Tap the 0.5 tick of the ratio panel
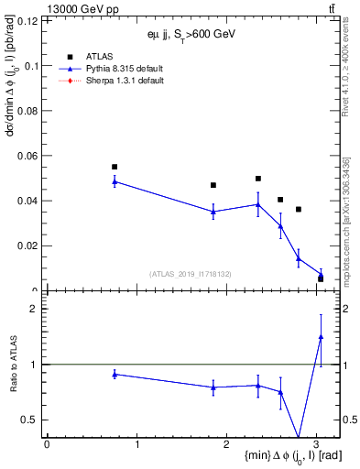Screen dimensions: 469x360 point(33,420)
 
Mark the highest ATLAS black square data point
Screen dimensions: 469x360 point(115,167)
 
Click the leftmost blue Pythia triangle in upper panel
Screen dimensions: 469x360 point(115,181)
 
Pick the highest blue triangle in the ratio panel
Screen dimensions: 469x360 point(321,337)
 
